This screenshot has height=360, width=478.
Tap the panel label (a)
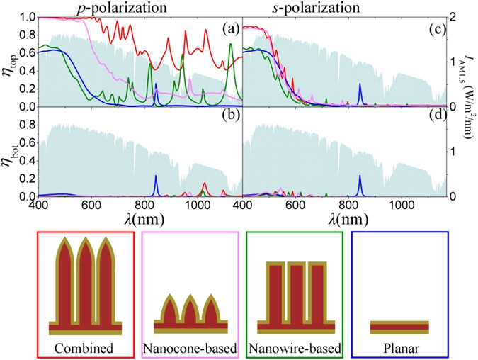[x=227, y=29]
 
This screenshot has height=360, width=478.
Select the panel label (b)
[x=227, y=118]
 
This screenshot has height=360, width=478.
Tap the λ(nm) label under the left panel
[x=147, y=220]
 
